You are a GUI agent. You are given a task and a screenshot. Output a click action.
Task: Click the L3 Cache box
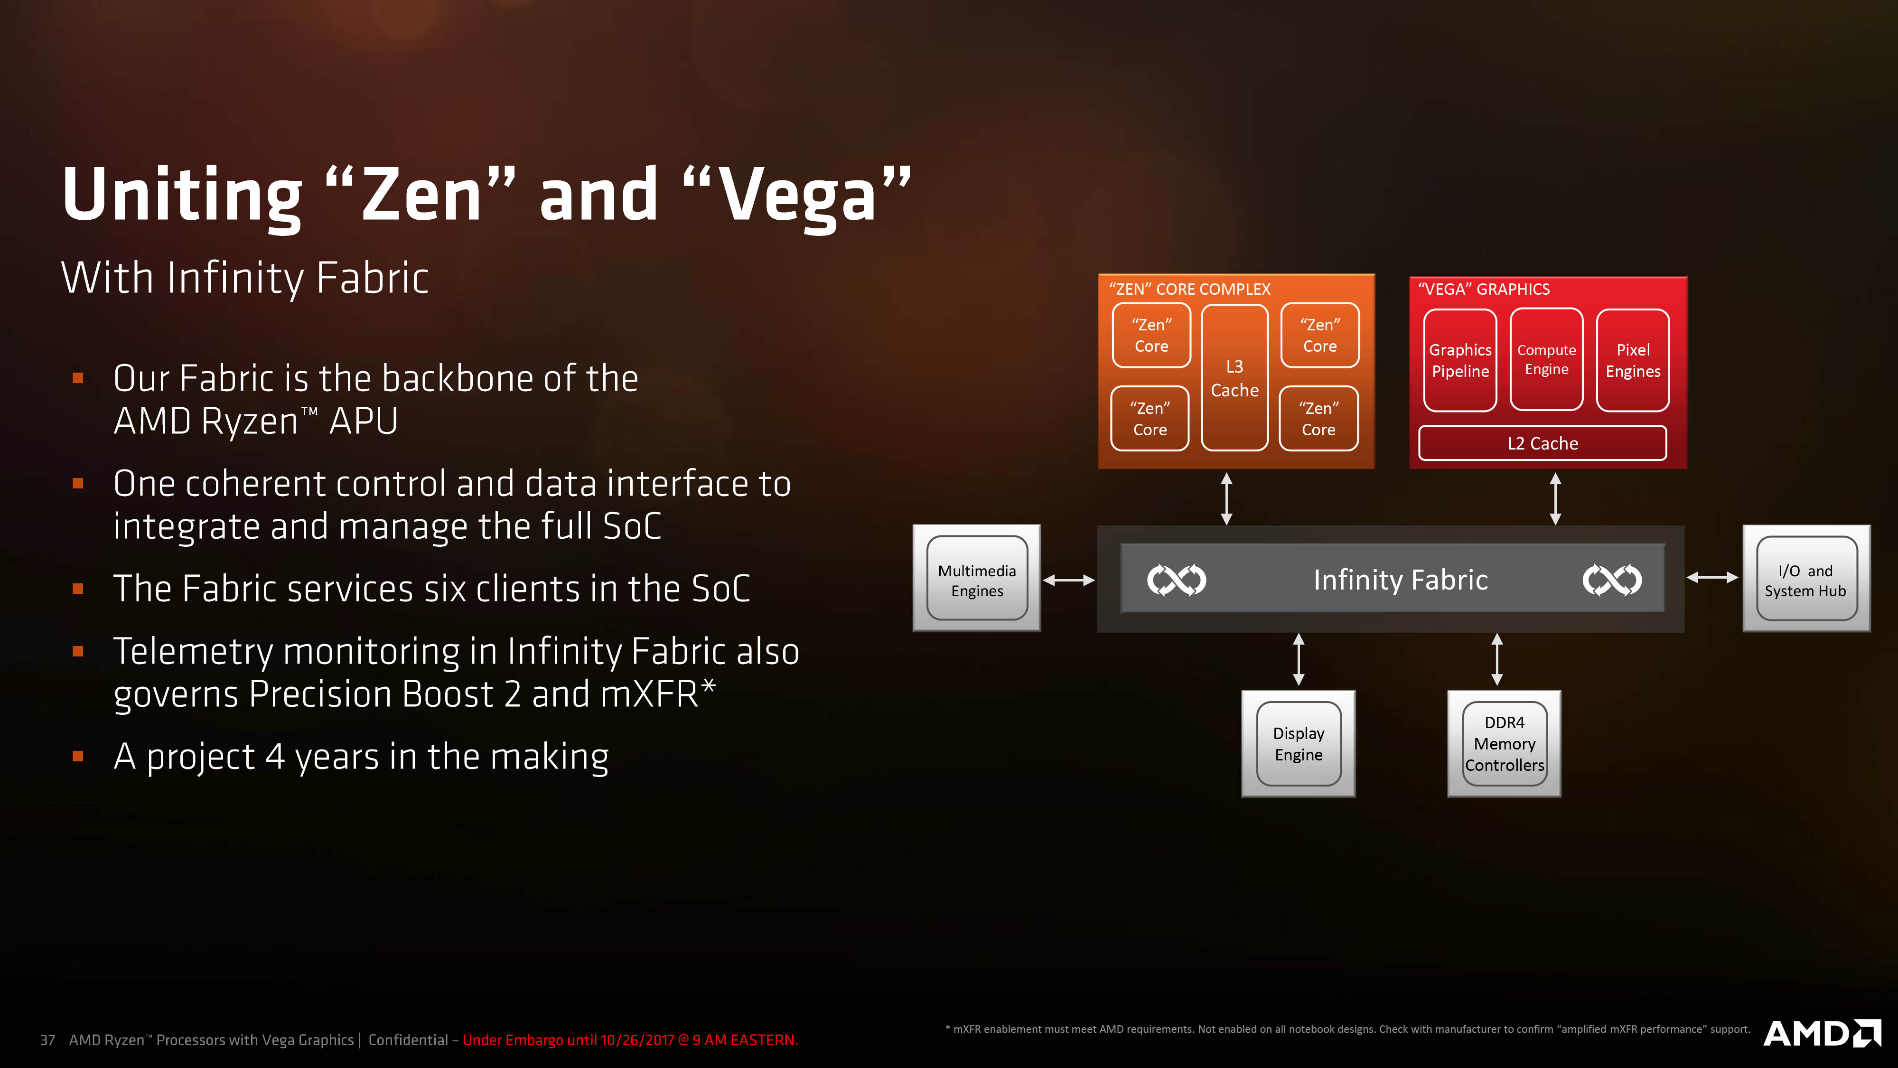pos(1234,377)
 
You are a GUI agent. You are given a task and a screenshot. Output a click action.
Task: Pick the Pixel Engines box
pos(1633,360)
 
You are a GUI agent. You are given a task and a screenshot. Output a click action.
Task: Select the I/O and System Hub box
pos(1806,579)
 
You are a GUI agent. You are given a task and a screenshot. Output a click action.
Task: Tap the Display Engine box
pos(1298,744)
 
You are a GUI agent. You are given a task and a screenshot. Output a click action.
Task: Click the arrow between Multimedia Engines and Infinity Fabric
pos(1068,580)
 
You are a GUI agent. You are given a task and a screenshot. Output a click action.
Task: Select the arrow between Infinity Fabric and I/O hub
pos(1712,578)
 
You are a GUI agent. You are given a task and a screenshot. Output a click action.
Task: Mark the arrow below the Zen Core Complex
pos(1227,498)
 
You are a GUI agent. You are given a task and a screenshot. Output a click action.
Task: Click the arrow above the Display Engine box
pos(1299,659)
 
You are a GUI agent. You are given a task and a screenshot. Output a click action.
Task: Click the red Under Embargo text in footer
pos(630,1040)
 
